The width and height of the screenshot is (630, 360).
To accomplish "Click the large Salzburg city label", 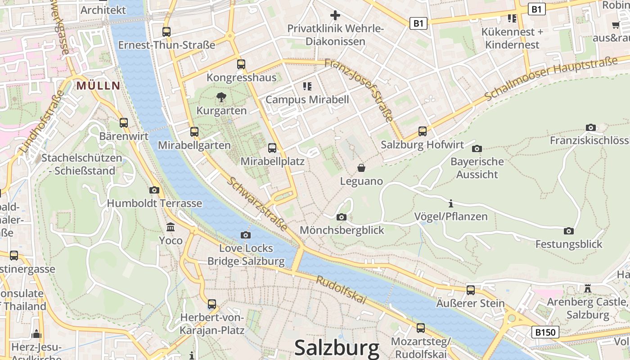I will tap(337, 349).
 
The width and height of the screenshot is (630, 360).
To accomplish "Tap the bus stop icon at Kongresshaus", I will tap(241, 64).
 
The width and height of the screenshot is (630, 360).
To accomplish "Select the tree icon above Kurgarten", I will tap(221, 97).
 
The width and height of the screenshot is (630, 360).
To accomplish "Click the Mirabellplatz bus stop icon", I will tap(272, 148).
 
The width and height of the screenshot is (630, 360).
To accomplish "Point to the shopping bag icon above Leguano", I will tap(361, 168).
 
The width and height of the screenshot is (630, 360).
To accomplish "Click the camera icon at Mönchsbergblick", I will tap(342, 217).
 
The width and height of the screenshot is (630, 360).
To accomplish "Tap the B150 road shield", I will tap(545, 332).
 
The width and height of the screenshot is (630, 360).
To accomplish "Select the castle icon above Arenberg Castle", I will tap(588, 288).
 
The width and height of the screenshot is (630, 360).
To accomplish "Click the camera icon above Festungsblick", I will tap(569, 231).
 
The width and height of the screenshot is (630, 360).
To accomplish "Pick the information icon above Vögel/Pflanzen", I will tap(451, 203).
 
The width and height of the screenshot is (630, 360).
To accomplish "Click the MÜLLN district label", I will tap(98, 85).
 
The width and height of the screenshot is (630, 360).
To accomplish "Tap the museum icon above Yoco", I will tap(171, 227).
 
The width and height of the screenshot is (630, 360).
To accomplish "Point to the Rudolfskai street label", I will tap(341, 290).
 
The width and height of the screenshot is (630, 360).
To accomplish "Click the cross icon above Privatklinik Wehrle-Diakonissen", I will tap(335, 15).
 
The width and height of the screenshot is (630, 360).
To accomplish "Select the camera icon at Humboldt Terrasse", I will tap(154, 190).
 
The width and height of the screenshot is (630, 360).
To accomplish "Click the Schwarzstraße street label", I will tap(257, 204).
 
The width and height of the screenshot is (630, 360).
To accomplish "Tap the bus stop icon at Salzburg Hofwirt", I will tap(422, 131).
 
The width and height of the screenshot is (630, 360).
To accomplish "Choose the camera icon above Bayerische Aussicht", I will tap(477, 148).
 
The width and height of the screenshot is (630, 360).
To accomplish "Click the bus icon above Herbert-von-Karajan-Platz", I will tap(212, 304).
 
